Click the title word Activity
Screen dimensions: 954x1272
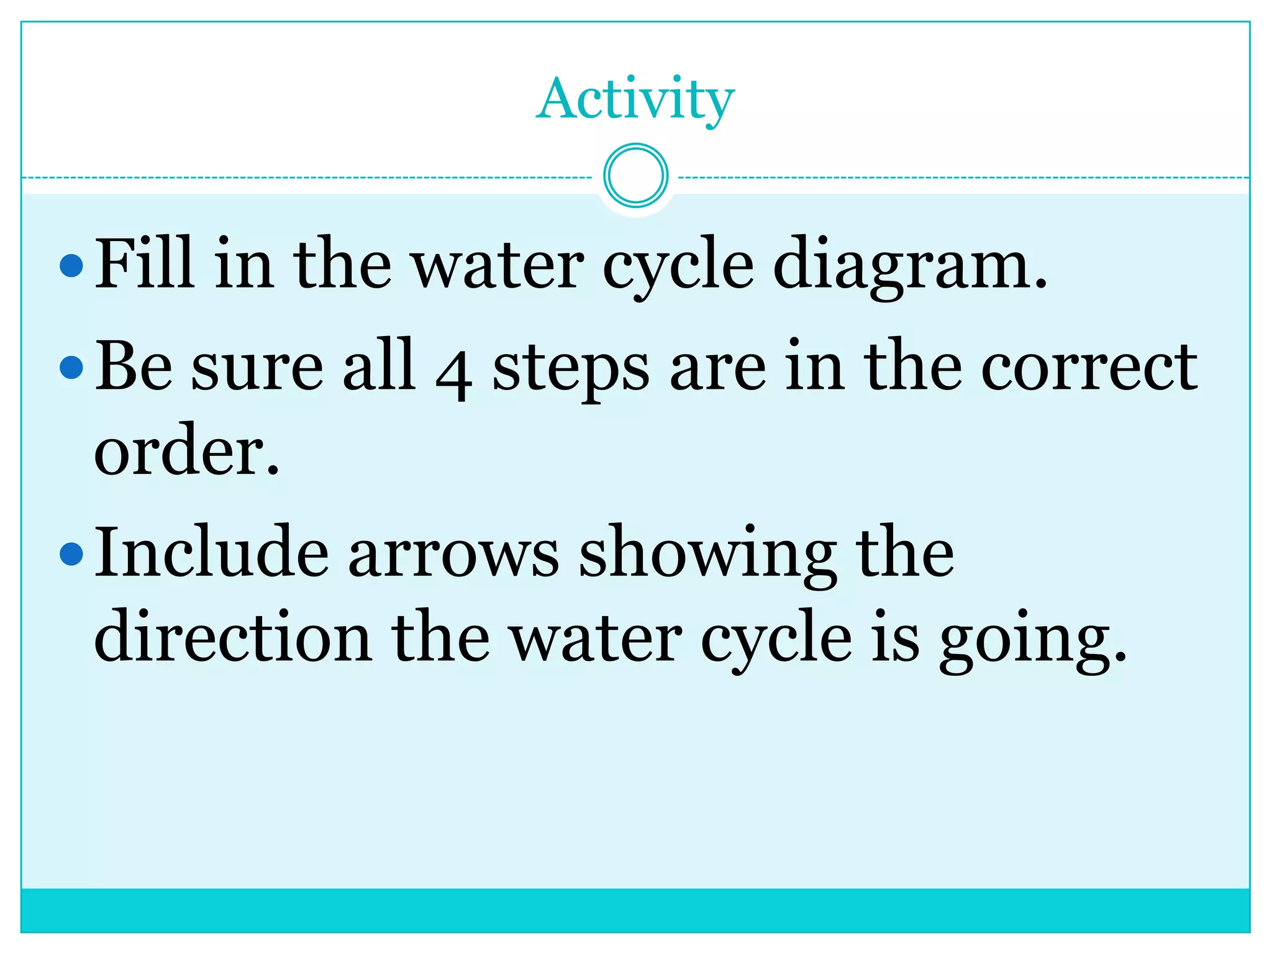click(x=635, y=99)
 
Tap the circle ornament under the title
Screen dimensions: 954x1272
click(x=635, y=176)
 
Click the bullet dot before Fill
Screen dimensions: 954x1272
click(x=72, y=266)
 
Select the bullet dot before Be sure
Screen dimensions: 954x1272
click(x=72, y=367)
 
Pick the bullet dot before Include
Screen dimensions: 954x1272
click(x=72, y=553)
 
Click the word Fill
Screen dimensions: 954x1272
click(x=143, y=263)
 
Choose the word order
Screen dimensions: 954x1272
click(x=186, y=450)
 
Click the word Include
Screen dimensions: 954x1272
click(x=211, y=552)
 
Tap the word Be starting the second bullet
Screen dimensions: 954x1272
click(x=134, y=366)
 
